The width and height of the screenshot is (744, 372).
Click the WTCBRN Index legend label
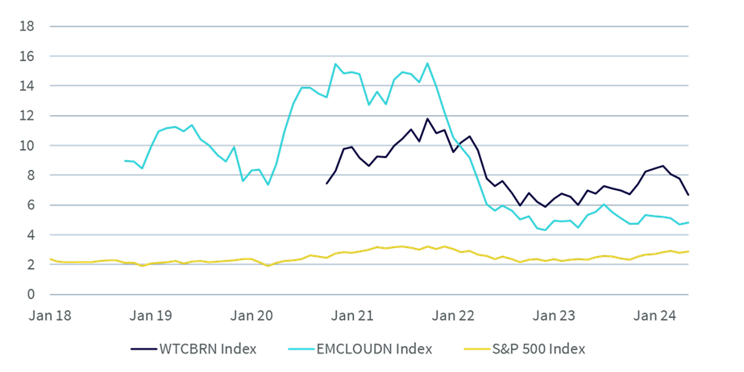coord(208,349)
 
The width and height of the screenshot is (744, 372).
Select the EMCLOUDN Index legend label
coord(374,349)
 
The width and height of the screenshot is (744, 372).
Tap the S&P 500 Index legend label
coord(538,349)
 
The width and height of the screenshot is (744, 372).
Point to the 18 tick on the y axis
coord(27,26)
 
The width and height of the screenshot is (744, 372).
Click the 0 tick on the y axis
coord(31,294)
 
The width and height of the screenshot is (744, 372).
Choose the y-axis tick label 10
coord(27,146)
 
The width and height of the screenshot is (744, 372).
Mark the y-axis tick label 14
coord(27,86)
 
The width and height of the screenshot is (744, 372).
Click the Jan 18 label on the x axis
coord(50,316)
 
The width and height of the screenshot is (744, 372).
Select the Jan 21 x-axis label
coord(352,316)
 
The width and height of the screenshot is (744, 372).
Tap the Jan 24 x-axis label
coord(655,316)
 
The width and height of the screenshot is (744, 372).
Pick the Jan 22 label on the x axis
coord(453,316)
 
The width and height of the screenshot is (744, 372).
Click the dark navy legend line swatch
coord(143,349)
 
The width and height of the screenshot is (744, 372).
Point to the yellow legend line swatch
coord(477,349)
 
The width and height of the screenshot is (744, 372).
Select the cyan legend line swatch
coord(301,349)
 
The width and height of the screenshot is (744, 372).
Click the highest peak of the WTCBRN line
coord(427,119)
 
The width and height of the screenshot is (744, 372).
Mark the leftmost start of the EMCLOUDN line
coord(125,161)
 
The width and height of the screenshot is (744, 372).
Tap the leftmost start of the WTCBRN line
coord(326,184)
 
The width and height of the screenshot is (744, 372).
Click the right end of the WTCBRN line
coord(688,195)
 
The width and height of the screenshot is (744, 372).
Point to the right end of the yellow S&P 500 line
coord(688,252)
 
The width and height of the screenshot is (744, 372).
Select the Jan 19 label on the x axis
coord(151,316)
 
